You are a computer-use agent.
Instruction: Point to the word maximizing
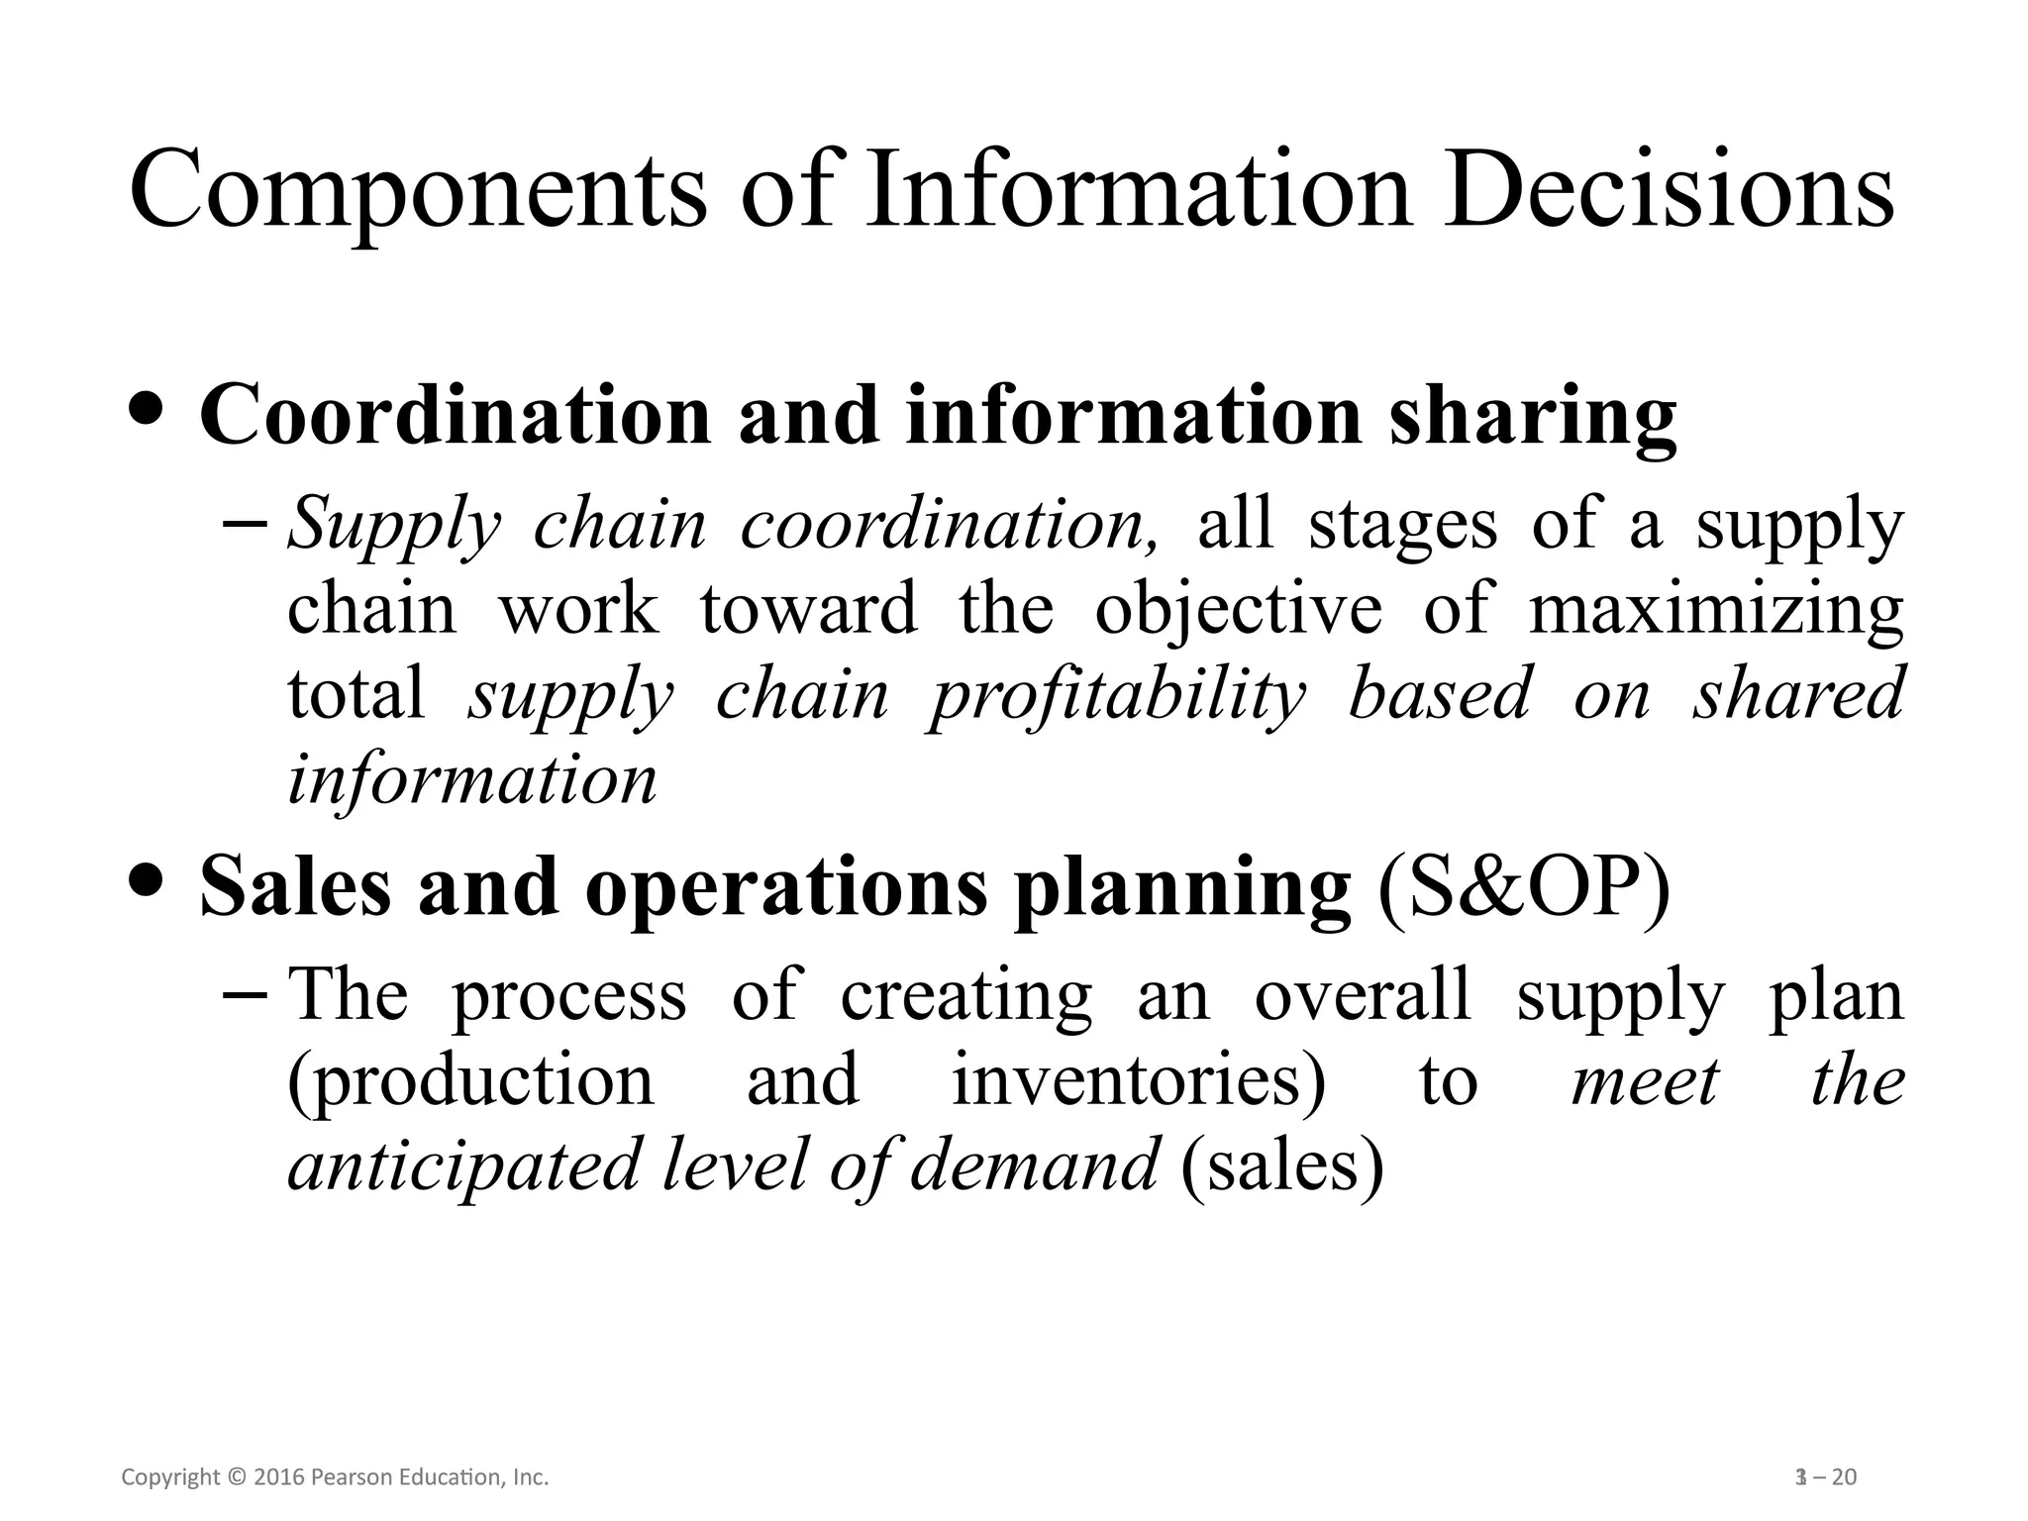tap(1716, 609)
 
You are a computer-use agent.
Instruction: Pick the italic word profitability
tap(1116, 695)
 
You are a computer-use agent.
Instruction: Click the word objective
tap(1238, 609)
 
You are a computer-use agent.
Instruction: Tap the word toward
tap(808, 609)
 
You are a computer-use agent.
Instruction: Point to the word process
tap(569, 996)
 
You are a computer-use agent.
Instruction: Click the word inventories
tap(1139, 1081)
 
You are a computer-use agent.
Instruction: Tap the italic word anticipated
tap(465, 1166)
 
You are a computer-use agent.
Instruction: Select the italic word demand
tap(1034, 1165)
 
